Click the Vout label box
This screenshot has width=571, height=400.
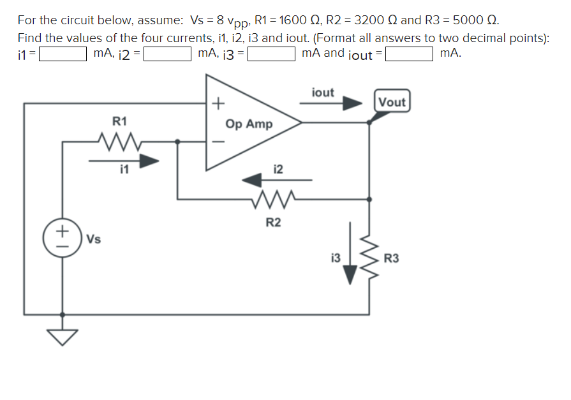click(x=392, y=102)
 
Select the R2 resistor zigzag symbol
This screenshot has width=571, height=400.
click(x=272, y=201)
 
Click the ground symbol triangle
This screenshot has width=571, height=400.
click(x=62, y=336)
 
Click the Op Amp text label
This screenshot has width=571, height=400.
click(x=249, y=124)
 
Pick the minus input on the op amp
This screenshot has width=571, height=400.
click(x=218, y=142)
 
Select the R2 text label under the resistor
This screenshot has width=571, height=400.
click(x=273, y=223)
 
